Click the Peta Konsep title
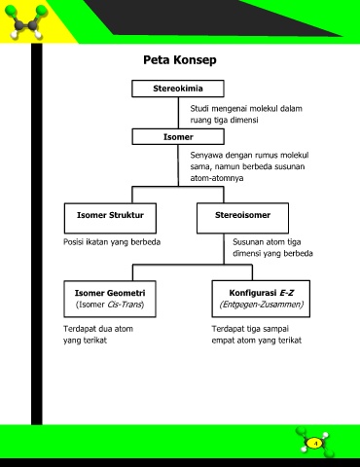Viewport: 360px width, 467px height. click(x=180, y=60)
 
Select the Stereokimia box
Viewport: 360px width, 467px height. click(x=178, y=89)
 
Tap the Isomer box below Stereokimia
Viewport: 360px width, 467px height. click(x=178, y=136)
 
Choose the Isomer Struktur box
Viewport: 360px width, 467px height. click(x=110, y=218)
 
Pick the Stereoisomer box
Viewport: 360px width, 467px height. click(x=242, y=218)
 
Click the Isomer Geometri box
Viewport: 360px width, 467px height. click(x=110, y=299)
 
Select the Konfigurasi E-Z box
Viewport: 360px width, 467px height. click(x=261, y=299)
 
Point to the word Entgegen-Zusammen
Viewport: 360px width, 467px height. click(x=262, y=305)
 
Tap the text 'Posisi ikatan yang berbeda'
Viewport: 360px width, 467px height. click(x=112, y=242)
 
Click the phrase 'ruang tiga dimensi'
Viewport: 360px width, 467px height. click(x=224, y=120)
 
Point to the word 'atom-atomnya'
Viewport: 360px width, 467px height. click(x=217, y=178)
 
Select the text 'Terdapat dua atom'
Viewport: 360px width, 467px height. click(x=98, y=329)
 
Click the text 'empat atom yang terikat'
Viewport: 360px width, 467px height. click(x=257, y=341)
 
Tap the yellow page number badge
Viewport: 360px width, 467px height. click(x=314, y=443)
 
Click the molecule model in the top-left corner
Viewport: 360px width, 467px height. click(x=27, y=21)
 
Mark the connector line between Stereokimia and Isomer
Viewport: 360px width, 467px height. click(x=178, y=113)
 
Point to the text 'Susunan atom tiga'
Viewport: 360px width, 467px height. click(x=267, y=242)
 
